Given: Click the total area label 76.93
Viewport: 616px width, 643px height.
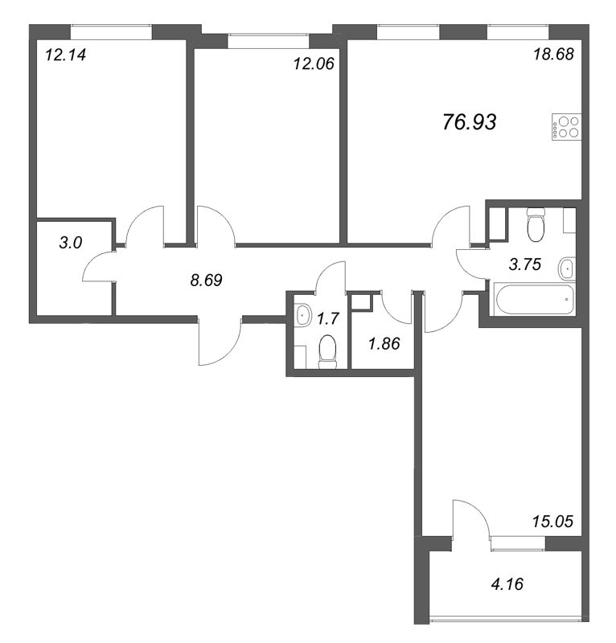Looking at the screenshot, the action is click(x=470, y=122).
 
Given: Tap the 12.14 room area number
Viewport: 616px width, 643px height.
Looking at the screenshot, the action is click(x=65, y=55).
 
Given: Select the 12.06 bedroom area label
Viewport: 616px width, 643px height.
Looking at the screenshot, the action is click(x=314, y=63).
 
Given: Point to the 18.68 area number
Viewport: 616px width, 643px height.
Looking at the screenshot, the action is click(x=553, y=54).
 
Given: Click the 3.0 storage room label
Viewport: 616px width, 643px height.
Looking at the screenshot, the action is click(x=71, y=243).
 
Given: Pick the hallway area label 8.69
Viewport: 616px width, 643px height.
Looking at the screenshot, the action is click(x=207, y=280).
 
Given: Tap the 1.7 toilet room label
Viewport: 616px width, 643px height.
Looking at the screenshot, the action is click(x=328, y=318).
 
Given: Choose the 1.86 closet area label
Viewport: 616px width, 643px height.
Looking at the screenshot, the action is click(x=384, y=344).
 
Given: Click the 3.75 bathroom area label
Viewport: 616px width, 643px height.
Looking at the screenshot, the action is click(x=525, y=264).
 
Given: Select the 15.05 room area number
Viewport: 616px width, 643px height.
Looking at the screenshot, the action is click(x=552, y=522).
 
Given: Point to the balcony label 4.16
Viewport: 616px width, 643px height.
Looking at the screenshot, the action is click(x=507, y=584).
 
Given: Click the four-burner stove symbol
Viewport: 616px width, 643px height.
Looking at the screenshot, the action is click(x=566, y=127).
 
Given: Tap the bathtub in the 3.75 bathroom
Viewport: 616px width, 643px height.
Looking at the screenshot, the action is click(x=535, y=298).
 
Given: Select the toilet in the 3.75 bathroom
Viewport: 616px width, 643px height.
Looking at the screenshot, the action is click(x=536, y=225).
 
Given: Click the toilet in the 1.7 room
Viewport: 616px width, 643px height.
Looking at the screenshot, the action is click(x=327, y=351).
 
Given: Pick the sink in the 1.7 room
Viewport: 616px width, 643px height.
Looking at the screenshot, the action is click(x=303, y=315).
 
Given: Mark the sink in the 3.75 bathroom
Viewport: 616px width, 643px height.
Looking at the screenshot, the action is click(x=567, y=268).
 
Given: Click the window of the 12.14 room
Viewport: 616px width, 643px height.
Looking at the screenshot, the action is click(x=111, y=32).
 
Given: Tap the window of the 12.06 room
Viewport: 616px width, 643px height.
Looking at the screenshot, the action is click(x=268, y=42).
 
